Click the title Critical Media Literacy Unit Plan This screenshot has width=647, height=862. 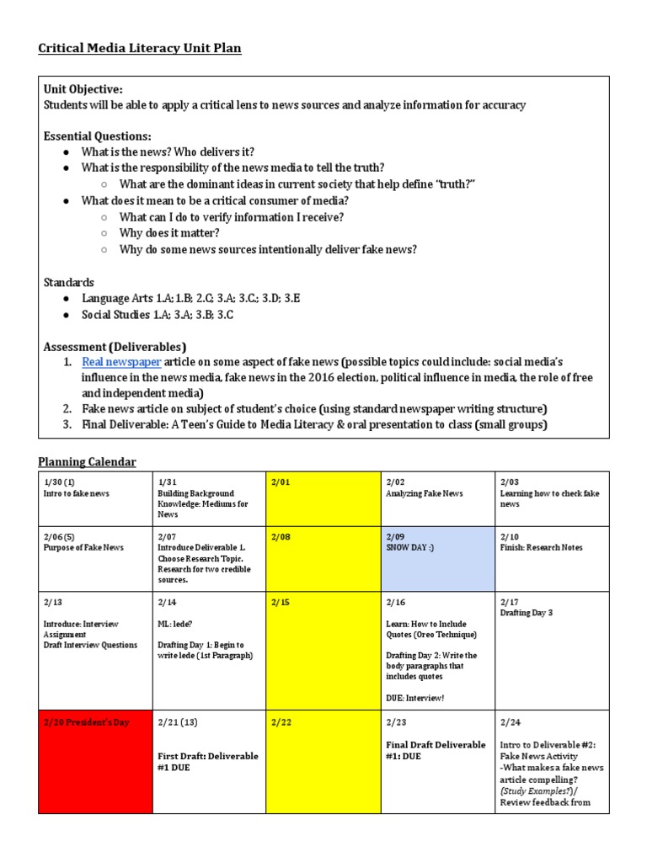point(140,49)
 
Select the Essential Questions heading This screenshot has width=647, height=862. point(97,136)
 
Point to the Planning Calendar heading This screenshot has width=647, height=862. point(87,461)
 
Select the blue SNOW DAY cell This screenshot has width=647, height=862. point(436,560)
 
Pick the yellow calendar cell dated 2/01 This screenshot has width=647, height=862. point(323,498)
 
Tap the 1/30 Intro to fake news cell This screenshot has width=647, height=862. point(94,498)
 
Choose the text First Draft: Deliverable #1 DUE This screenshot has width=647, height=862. point(208,761)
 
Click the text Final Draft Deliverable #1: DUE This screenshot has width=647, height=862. point(436,750)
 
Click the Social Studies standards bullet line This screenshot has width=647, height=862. point(157,315)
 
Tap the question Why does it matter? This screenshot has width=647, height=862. point(169,232)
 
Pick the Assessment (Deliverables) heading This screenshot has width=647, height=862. point(115,347)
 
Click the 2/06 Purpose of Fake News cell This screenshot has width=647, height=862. point(94,560)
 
